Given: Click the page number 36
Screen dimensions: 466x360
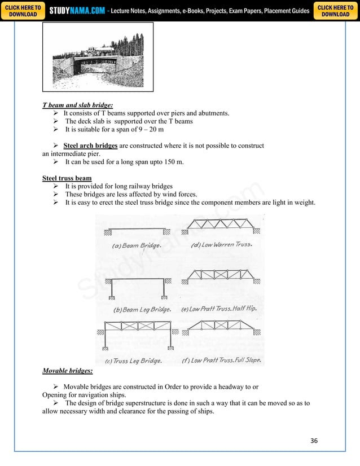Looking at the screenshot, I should [x=314, y=440].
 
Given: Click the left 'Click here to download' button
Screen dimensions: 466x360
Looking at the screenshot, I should [x=23, y=11].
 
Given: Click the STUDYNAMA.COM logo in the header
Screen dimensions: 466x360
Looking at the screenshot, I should [x=77, y=11].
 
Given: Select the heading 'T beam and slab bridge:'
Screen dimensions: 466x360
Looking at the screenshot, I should [x=77, y=105].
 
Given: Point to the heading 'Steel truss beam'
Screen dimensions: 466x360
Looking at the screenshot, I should [x=67, y=178].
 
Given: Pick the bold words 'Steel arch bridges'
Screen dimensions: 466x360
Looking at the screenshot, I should [x=90, y=146].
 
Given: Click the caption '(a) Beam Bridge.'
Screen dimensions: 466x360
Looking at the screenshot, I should [x=137, y=246].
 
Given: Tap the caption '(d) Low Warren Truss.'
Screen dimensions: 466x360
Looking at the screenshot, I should [x=222, y=245].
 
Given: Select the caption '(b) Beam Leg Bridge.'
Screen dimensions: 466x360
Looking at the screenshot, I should [x=142, y=310].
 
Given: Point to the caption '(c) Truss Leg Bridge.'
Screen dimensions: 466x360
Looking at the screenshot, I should [x=134, y=361].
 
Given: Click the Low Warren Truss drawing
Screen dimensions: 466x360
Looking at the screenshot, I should [x=221, y=227].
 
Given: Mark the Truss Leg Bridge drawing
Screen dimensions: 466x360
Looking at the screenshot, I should [x=135, y=336].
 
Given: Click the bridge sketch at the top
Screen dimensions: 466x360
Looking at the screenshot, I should [x=98, y=57].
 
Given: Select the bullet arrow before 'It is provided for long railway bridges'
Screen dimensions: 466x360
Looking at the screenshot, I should [x=56, y=186].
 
